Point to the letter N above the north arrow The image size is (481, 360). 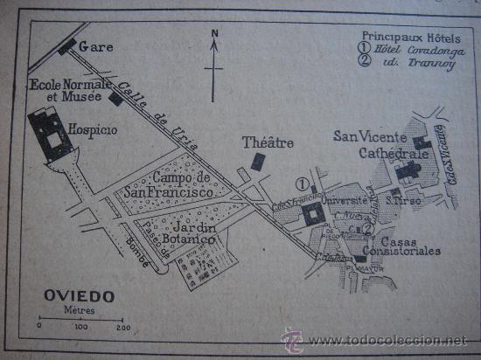pos(214,36)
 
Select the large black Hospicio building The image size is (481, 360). pos(49,132)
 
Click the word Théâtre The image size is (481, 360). pos(268,142)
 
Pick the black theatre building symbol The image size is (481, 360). pos(257,162)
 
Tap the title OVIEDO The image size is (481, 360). pos(79,296)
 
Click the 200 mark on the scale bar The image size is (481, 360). pos(122,327)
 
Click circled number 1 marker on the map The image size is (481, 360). pos(302,183)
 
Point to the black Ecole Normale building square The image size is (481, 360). pos(115,99)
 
